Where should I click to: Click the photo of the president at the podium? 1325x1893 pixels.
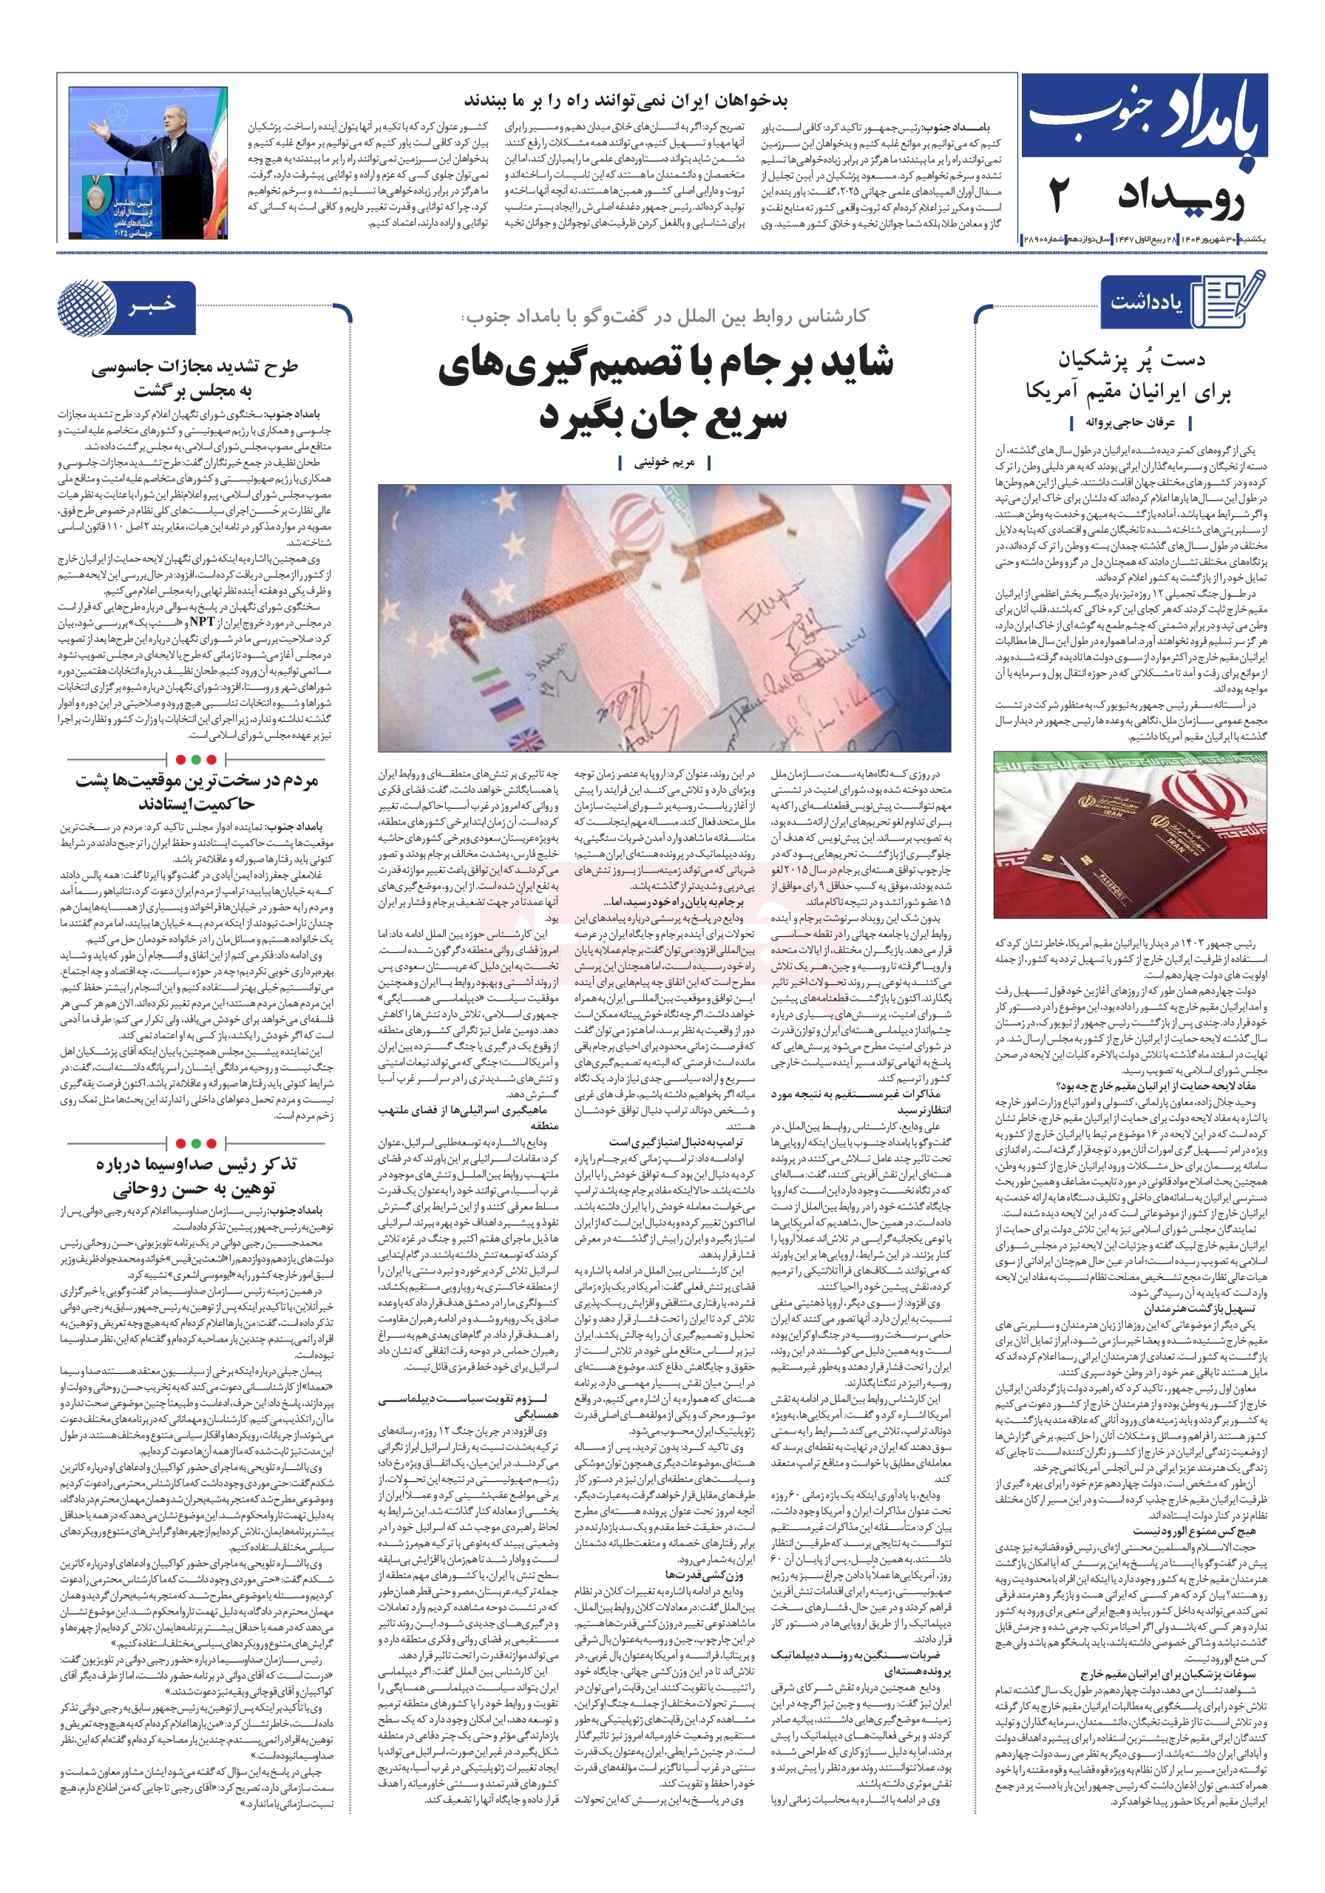tap(149, 163)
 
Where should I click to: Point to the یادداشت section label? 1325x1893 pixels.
tap(1145, 302)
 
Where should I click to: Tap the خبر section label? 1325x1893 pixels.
tap(152, 306)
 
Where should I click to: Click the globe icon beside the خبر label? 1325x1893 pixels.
tap(87, 308)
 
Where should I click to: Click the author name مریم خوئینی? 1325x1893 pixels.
tap(664, 464)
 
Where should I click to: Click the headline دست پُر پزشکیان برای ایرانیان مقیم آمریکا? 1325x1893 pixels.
tap(1130, 375)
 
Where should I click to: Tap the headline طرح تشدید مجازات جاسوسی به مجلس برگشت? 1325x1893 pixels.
tap(194, 378)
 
